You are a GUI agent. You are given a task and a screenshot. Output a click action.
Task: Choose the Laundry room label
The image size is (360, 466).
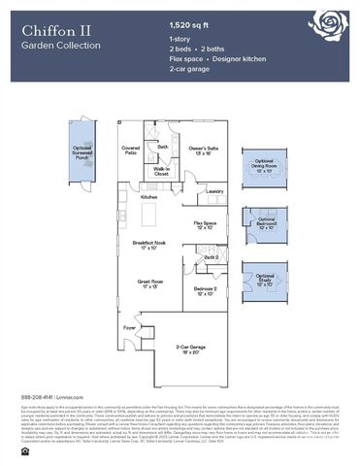[215, 191]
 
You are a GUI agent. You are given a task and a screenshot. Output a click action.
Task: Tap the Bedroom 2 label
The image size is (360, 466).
[205, 290]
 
